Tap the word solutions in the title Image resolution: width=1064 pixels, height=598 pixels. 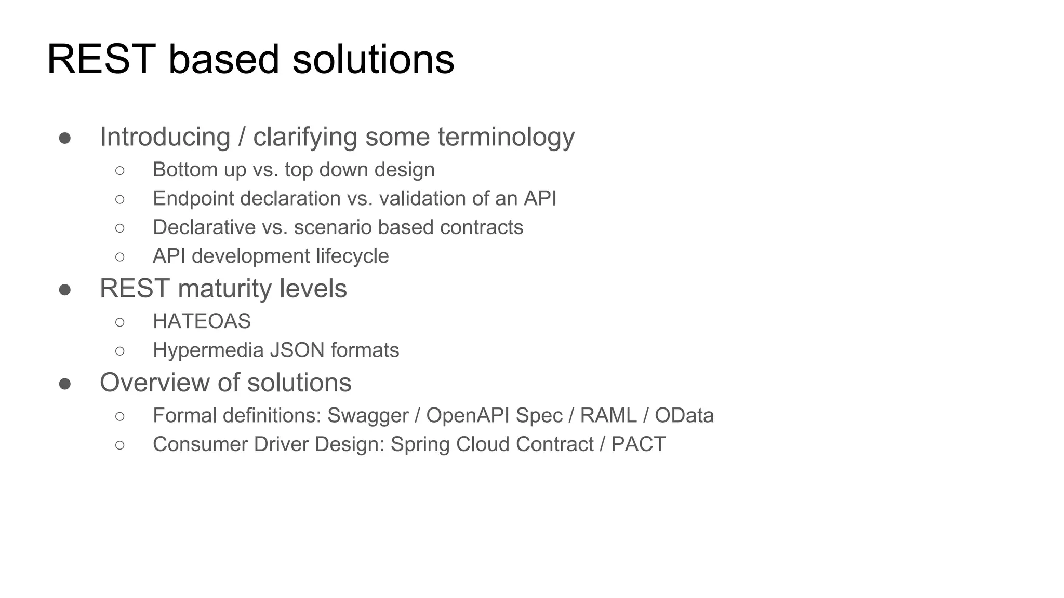[x=373, y=60]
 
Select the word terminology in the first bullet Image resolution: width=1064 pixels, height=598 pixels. [x=506, y=138]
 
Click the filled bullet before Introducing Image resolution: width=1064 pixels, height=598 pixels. [x=65, y=138]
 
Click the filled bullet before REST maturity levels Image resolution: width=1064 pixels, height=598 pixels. [x=65, y=290]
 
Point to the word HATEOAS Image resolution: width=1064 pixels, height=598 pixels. [x=202, y=322]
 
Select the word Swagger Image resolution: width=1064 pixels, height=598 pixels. [x=368, y=416]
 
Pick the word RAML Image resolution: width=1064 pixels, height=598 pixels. [x=608, y=416]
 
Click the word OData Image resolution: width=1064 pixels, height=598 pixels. [x=684, y=416]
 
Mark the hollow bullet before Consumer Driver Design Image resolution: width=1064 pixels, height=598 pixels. [x=120, y=445]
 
